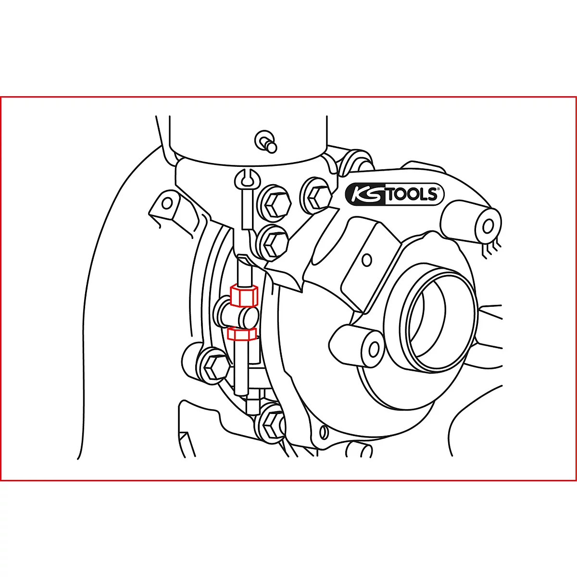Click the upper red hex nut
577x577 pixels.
click(x=244, y=296)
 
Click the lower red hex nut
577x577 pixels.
click(x=242, y=333)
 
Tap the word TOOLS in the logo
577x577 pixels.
click(x=411, y=195)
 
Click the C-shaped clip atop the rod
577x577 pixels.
click(x=248, y=179)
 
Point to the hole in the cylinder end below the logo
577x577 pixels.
click(x=488, y=226)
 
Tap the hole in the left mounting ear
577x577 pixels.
click(x=166, y=203)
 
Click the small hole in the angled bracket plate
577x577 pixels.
click(x=367, y=260)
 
